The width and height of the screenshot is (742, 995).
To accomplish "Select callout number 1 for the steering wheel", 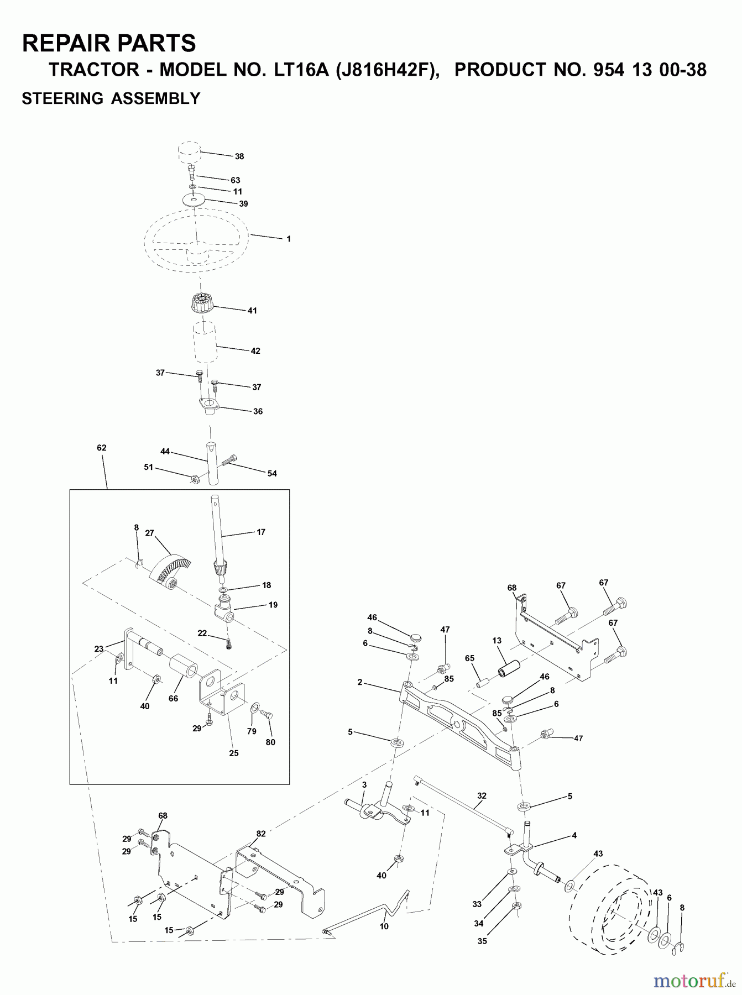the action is (x=288, y=239).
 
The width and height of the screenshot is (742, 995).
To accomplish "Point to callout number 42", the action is (x=255, y=351).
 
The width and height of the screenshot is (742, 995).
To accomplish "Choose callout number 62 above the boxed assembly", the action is (x=101, y=448).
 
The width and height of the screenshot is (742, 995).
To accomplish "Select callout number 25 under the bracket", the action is (x=234, y=753).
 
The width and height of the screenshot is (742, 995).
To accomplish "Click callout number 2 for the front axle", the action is (x=359, y=683).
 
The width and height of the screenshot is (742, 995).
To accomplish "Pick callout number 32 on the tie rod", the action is (x=482, y=797).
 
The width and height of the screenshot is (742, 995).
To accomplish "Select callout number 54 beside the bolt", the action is (x=271, y=474).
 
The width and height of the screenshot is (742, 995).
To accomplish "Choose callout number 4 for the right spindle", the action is (x=574, y=835).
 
